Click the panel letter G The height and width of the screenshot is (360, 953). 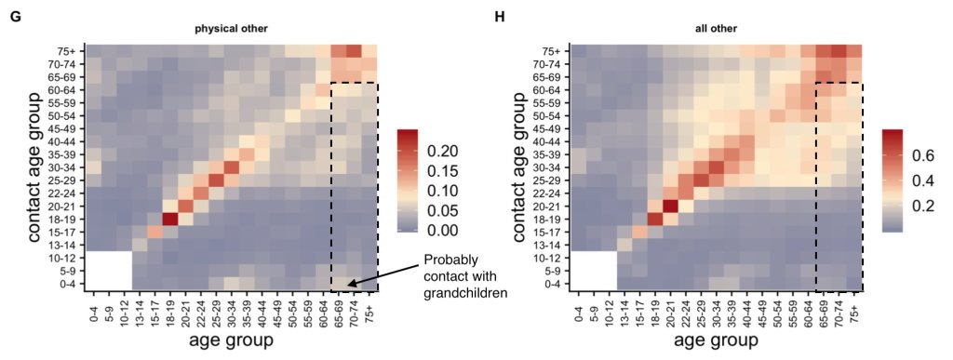14,17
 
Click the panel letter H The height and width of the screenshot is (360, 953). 499,17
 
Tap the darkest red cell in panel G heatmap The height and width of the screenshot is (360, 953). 170,219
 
